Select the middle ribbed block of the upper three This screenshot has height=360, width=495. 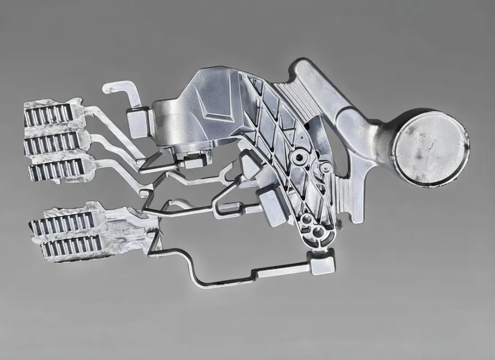coord(51,143)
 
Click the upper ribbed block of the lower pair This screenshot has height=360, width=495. coord(63,223)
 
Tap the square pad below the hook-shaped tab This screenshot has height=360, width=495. coord(138,122)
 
